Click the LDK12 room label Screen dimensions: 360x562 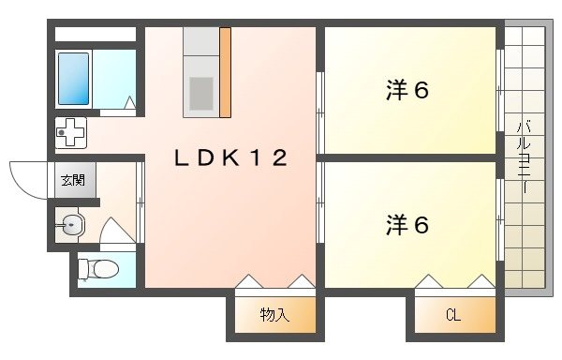pos(230,158)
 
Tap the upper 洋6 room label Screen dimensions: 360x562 pos(407,91)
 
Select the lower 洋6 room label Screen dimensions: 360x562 pos(407,225)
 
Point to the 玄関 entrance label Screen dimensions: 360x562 pos(71,179)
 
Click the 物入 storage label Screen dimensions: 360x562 pos(274,315)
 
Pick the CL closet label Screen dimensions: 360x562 pos(452,315)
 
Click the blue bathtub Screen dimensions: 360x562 pos(74,78)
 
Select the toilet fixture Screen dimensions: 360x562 pos(97,269)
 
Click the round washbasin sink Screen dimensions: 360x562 pos(71,223)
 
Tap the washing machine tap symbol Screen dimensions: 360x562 pos(71,134)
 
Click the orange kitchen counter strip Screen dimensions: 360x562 pos(225,72)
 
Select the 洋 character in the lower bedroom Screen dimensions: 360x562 pos(395,225)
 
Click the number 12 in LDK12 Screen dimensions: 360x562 pos(268,158)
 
